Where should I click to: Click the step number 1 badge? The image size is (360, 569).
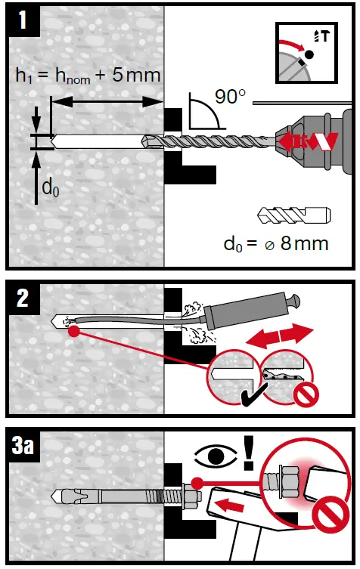click(24, 19)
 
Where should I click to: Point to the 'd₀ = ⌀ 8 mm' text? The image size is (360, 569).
click(276, 243)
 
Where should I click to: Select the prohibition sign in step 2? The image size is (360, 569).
click(306, 394)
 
